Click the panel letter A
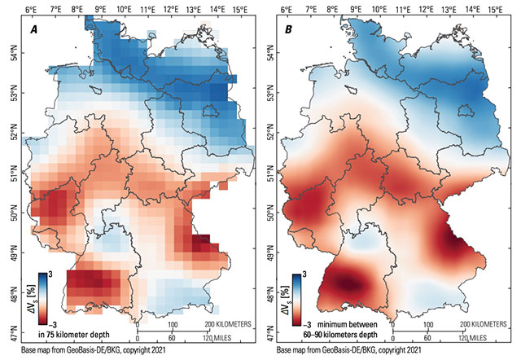(x=35, y=30)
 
